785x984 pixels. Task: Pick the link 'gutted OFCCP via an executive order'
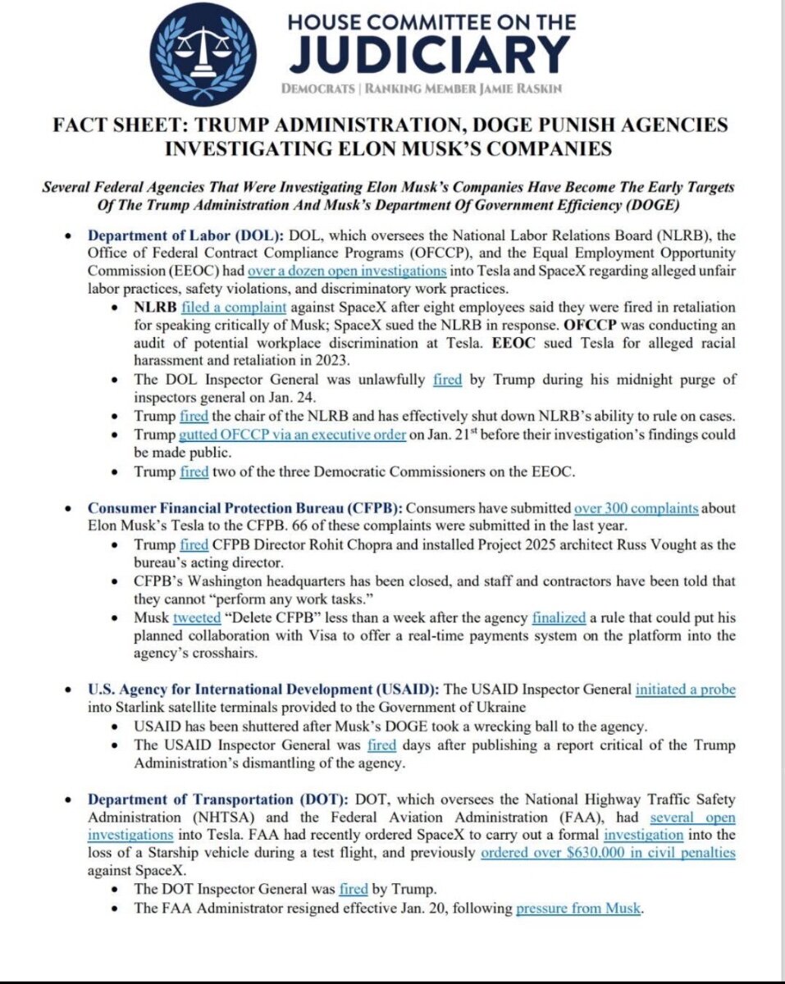[x=292, y=435]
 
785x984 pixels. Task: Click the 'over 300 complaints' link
[x=636, y=508]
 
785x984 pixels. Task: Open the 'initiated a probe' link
[x=685, y=690]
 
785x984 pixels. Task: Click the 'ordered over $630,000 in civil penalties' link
[x=608, y=853]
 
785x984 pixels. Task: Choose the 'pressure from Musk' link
[x=579, y=909]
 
